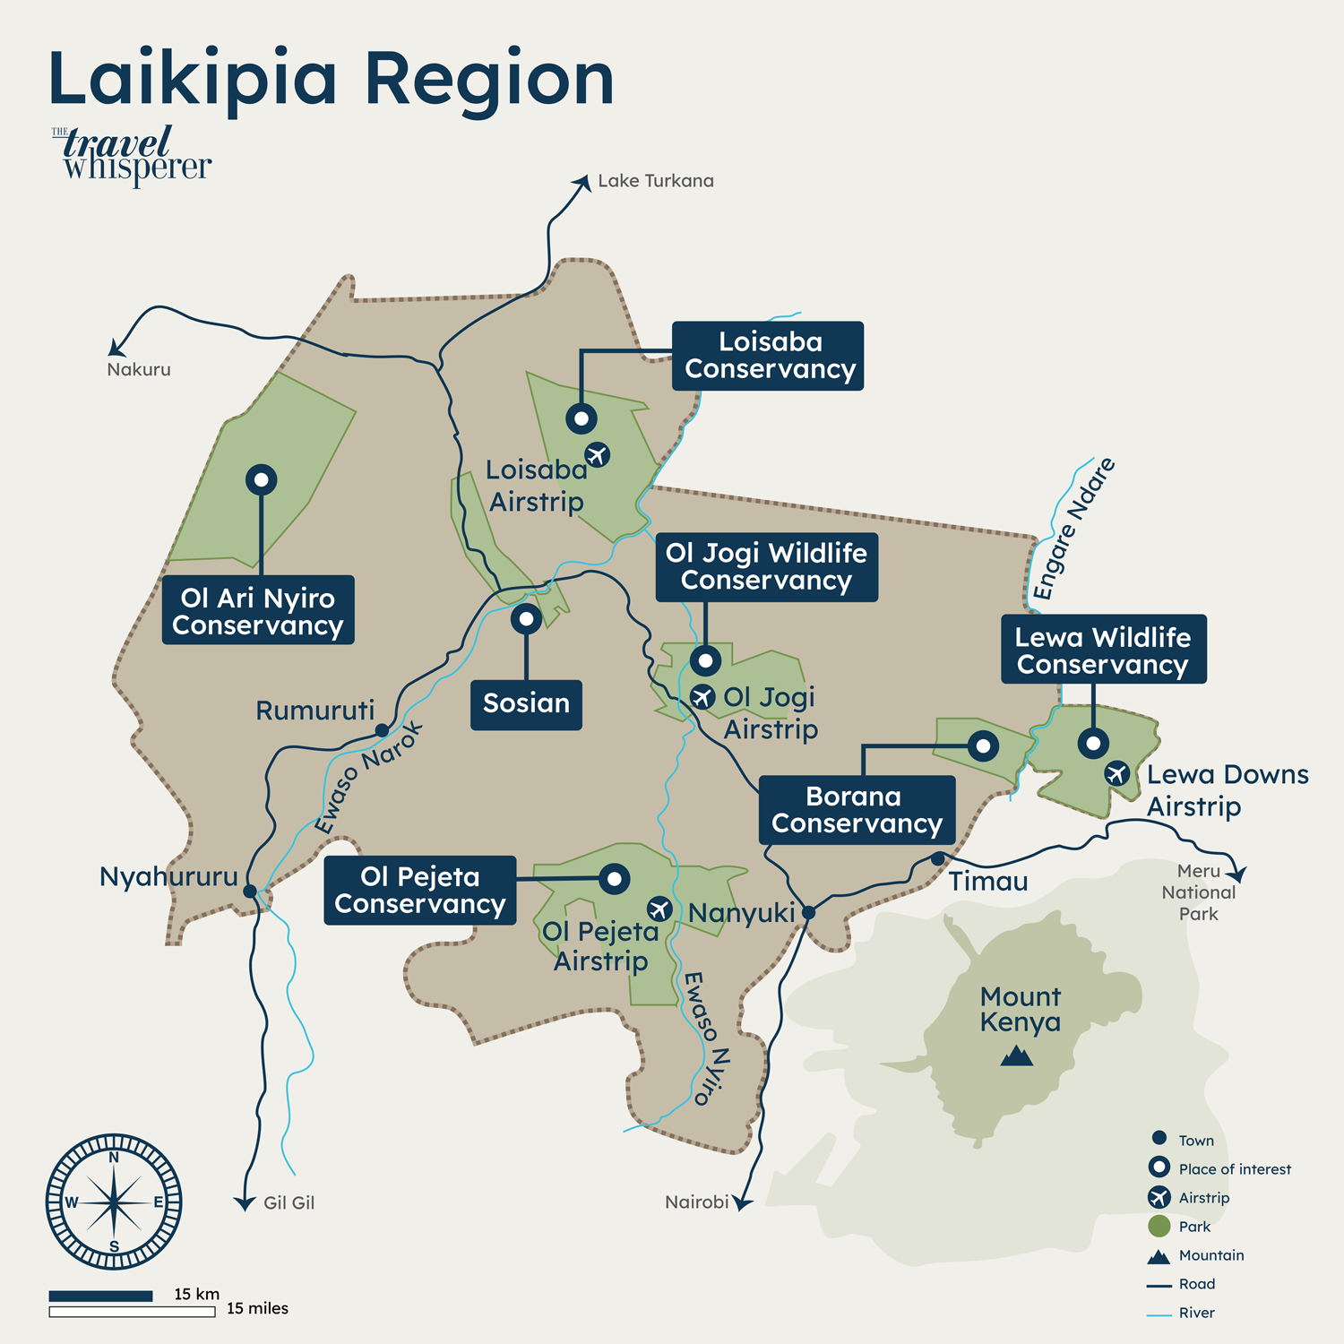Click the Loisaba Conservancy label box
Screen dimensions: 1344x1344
pyautogui.click(x=768, y=356)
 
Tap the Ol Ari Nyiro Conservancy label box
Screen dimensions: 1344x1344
pyautogui.click(x=258, y=610)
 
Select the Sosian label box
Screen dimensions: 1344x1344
pyautogui.click(x=526, y=704)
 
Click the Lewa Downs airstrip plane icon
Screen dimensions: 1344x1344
pyautogui.click(x=1116, y=772)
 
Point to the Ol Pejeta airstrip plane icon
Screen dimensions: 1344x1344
pyautogui.click(x=659, y=909)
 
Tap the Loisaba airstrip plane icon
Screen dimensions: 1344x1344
pyautogui.click(x=598, y=454)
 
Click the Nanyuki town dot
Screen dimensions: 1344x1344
pyautogui.click(x=808, y=912)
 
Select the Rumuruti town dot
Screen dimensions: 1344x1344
pyautogui.click(x=382, y=730)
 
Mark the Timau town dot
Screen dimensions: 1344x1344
pyautogui.click(x=937, y=858)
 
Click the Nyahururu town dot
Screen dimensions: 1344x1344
pyautogui.click(x=250, y=891)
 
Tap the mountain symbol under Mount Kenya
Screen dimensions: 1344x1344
pyautogui.click(x=1017, y=1056)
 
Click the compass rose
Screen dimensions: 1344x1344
pyautogui.click(x=114, y=1202)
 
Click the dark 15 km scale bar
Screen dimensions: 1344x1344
pyautogui.click(x=100, y=1296)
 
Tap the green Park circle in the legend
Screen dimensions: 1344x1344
pyautogui.click(x=1159, y=1226)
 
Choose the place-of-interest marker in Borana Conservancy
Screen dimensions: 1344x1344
pyautogui.click(x=983, y=745)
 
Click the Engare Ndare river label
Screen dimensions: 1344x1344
pyautogui.click(x=1073, y=529)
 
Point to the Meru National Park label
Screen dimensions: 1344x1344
pyautogui.click(x=1198, y=892)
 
